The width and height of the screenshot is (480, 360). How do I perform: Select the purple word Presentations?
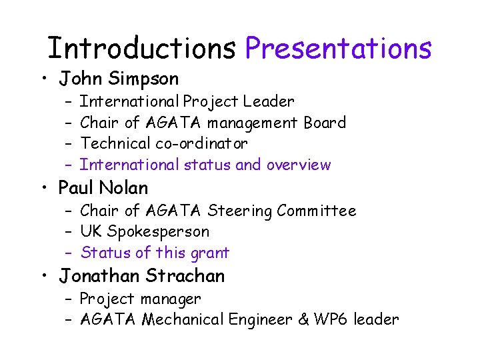coord(339,48)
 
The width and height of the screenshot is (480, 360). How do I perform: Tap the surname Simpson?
coord(144,79)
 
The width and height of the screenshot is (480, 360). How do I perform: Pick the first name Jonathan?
coord(99,275)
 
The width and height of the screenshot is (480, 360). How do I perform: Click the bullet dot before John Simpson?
coord(43,80)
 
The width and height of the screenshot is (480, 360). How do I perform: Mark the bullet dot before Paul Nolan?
coord(43,189)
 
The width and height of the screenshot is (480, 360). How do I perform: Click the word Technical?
coord(115,143)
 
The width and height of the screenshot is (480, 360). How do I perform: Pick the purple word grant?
coord(211,253)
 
